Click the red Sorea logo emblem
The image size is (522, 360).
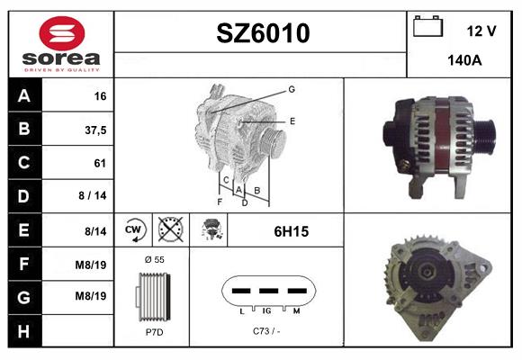click(x=62, y=33)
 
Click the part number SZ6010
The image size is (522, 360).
click(x=263, y=33)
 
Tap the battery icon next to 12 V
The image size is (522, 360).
click(x=427, y=26)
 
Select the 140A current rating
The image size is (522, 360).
click(x=464, y=60)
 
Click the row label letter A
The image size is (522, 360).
click(x=24, y=96)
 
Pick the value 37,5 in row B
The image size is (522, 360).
click(x=95, y=130)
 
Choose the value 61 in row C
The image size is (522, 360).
click(x=100, y=163)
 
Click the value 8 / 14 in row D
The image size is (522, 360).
click(x=93, y=195)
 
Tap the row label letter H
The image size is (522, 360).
click(x=23, y=332)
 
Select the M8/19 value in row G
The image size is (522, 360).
click(x=91, y=296)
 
